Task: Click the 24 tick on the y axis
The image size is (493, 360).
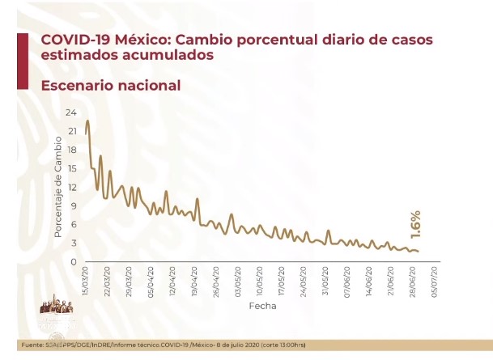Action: (x=71, y=112)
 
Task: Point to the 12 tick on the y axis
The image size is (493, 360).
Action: (x=71, y=187)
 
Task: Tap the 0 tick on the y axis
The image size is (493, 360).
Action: (x=74, y=262)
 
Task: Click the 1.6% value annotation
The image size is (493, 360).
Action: (x=414, y=223)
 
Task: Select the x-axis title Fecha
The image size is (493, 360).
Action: (x=261, y=307)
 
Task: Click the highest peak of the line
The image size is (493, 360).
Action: (x=87, y=121)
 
